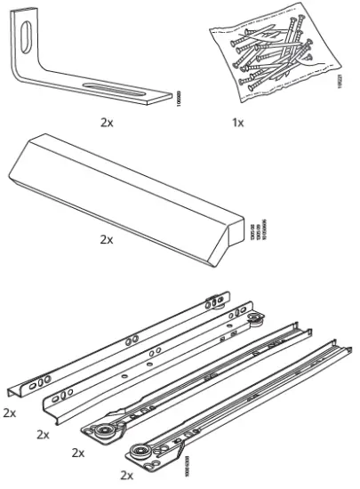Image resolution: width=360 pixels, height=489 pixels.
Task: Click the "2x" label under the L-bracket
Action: [106, 122]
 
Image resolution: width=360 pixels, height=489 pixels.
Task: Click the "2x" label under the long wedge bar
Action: [107, 239]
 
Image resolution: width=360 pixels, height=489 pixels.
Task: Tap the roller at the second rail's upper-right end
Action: [260, 321]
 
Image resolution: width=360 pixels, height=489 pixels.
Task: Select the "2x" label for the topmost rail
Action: [10, 413]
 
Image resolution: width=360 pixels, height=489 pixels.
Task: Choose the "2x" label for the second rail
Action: [42, 434]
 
